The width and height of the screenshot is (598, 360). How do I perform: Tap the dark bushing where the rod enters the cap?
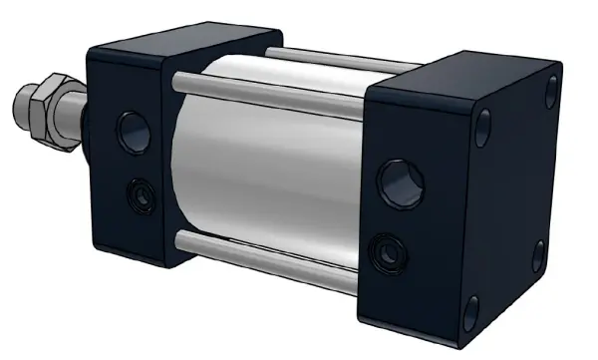[86, 120]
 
